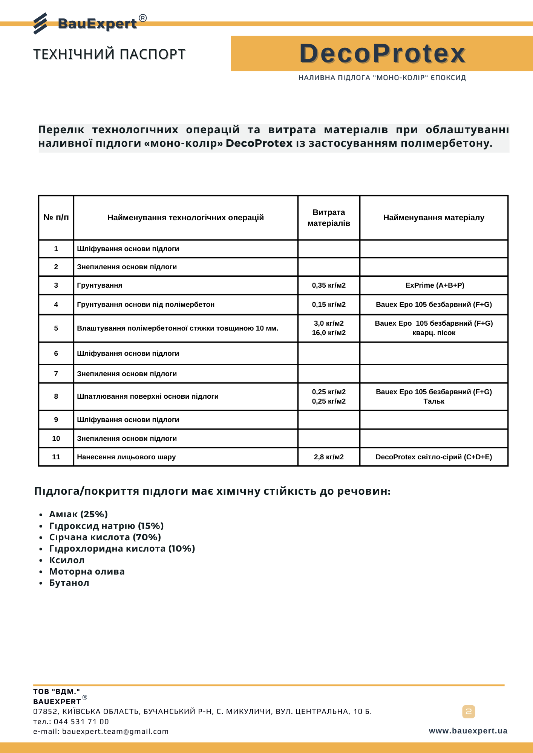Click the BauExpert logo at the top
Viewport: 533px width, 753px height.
tap(90, 23)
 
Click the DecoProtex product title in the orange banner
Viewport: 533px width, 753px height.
tap(382, 53)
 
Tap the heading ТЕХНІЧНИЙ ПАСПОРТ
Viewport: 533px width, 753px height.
tap(109, 54)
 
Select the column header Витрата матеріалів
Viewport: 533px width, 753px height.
tap(329, 218)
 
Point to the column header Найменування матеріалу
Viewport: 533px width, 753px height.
tap(433, 218)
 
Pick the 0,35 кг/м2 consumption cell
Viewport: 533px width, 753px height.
tap(329, 285)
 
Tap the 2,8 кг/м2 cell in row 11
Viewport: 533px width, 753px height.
tap(329, 457)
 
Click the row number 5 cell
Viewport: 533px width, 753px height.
tap(56, 328)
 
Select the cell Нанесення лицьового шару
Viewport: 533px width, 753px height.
tap(126, 457)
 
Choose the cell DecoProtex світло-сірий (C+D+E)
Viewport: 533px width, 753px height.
tap(433, 457)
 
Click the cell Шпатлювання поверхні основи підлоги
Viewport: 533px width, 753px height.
tap(148, 396)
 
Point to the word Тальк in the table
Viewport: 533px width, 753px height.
tap(434, 401)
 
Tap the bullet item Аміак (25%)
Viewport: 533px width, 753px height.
tap(78, 514)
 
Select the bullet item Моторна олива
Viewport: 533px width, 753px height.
tap(87, 572)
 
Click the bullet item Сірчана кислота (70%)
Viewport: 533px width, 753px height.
tap(105, 537)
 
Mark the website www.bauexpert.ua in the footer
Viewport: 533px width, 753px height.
tap(468, 731)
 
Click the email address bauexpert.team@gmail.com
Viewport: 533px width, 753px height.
tap(115, 731)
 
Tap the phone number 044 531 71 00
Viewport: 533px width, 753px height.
tap(81, 721)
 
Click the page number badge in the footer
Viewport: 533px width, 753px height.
tap(469, 712)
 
